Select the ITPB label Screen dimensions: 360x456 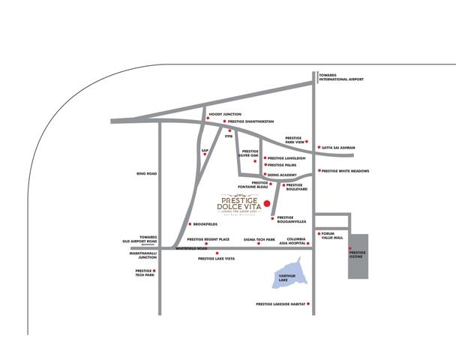point(229,136)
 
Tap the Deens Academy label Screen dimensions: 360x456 point(282,175)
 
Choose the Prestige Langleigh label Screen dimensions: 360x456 point(286,158)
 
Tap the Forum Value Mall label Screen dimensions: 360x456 point(331,235)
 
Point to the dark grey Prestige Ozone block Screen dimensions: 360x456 point(358,256)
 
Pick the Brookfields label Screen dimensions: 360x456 point(205,224)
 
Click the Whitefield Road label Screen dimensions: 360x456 point(191,248)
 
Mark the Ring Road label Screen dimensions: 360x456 point(146,174)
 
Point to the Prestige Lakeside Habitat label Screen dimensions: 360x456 point(280,304)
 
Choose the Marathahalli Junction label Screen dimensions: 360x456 point(142,255)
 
